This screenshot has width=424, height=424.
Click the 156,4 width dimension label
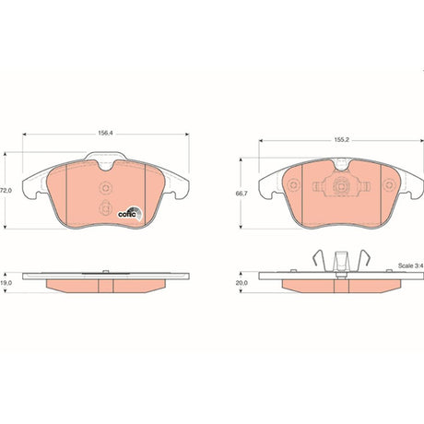pos(105,133)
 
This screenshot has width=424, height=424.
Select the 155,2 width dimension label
pos(342,139)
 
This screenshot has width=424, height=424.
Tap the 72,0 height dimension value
pos(6,191)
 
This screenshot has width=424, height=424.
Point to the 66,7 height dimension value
pos(241,194)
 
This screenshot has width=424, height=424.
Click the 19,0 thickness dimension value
pos(6,283)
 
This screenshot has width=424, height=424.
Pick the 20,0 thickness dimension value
pos(241,283)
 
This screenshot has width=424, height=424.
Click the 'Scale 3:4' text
pos(411,265)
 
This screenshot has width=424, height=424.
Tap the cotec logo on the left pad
pos(131,213)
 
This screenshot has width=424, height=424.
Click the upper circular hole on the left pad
pos(106,188)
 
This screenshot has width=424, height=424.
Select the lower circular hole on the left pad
pos(105,208)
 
